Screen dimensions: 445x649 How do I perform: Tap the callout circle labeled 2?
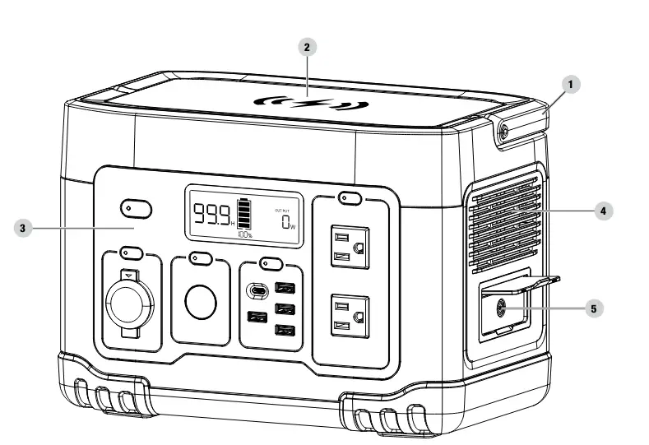(306, 47)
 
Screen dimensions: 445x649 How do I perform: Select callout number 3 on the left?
(24, 227)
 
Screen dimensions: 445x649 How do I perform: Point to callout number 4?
(604, 211)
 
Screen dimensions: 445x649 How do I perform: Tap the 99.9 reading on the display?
(211, 215)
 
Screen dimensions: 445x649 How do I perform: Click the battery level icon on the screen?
(244, 213)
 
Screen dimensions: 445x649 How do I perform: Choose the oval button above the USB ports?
(268, 263)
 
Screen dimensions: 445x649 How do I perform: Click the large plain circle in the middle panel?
(199, 304)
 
